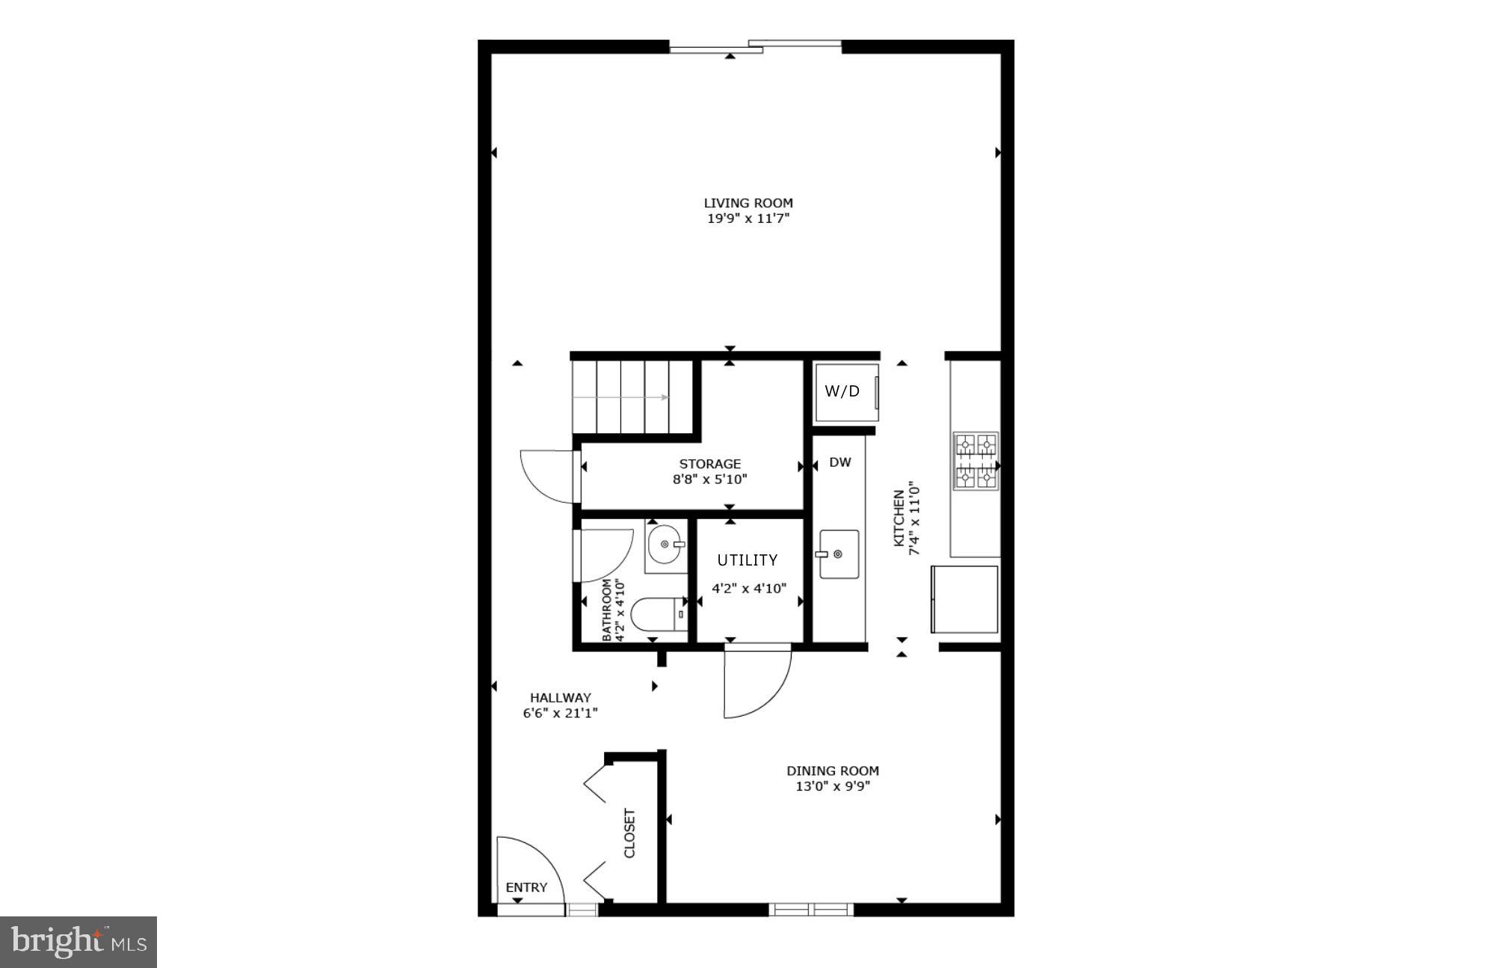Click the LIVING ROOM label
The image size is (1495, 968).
tap(748, 203)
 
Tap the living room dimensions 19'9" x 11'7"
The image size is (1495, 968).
tap(748, 219)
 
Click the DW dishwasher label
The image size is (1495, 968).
tap(840, 462)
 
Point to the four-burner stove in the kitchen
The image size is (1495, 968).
tap(975, 461)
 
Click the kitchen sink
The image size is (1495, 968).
tap(839, 554)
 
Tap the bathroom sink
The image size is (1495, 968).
tap(665, 545)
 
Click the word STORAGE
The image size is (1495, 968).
tap(710, 464)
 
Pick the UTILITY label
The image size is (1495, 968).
tap(747, 560)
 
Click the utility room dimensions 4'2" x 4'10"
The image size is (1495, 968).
tap(749, 589)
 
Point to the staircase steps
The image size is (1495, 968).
tap(632, 397)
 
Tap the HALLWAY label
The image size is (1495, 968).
tap(561, 698)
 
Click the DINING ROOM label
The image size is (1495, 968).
tap(833, 771)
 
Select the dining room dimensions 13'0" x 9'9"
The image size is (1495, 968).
tap(833, 787)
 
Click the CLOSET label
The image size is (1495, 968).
tap(629, 833)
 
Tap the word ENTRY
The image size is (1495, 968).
tap(526, 887)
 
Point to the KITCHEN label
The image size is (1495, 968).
tap(899, 518)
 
